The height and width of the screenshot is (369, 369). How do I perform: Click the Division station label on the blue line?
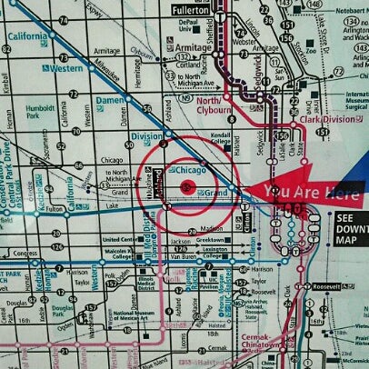[145, 137]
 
